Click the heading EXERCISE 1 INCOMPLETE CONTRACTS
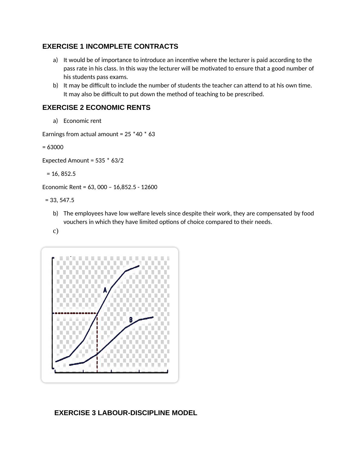coord(110,47)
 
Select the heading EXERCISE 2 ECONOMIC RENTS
coord(96,108)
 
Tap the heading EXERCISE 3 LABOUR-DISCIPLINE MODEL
coord(126,413)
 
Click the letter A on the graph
coord(105,290)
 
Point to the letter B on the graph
coord(131,320)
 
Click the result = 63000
coord(53,147)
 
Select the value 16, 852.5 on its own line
coord(63,174)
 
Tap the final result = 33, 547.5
coord(62,200)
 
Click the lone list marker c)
coord(56,231)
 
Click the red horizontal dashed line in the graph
coord(75,313)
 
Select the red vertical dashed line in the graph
coord(97,342)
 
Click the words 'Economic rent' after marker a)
coord(82,121)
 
